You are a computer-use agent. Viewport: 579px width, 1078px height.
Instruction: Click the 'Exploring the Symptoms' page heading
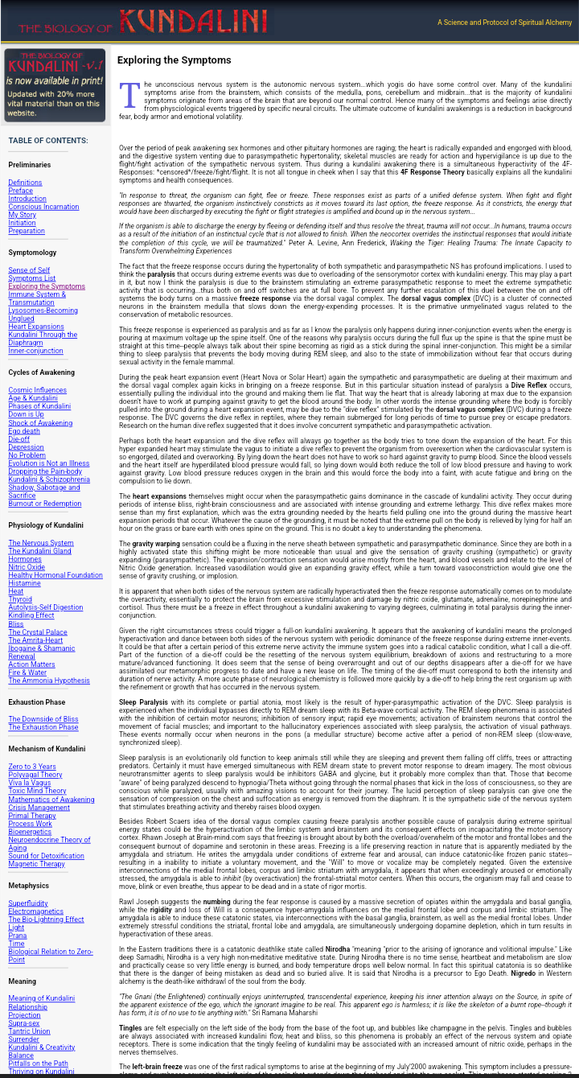174,60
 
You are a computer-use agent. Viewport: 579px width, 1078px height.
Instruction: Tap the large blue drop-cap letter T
129,96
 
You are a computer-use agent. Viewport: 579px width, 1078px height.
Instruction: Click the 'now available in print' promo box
55,84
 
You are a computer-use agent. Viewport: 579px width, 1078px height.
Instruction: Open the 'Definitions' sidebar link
25,183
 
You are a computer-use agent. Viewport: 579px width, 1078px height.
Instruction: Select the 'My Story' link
22,215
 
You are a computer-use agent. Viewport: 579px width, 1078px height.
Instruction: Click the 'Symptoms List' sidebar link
32,278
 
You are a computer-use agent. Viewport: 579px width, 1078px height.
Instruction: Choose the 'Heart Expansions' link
36,327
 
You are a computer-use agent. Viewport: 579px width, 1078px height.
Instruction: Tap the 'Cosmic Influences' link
38,390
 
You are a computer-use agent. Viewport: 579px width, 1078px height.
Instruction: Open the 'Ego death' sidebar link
24,431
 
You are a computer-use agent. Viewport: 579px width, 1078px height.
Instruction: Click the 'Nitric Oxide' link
27,567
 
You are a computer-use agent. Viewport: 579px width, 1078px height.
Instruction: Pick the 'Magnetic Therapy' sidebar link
36,864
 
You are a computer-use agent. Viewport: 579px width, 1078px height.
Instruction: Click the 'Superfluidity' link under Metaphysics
28,903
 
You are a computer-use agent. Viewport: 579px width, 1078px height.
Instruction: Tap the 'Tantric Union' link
29,1031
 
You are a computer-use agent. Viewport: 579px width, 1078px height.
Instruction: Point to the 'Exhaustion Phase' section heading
37,702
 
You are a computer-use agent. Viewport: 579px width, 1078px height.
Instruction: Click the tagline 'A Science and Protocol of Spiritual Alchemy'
504,23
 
